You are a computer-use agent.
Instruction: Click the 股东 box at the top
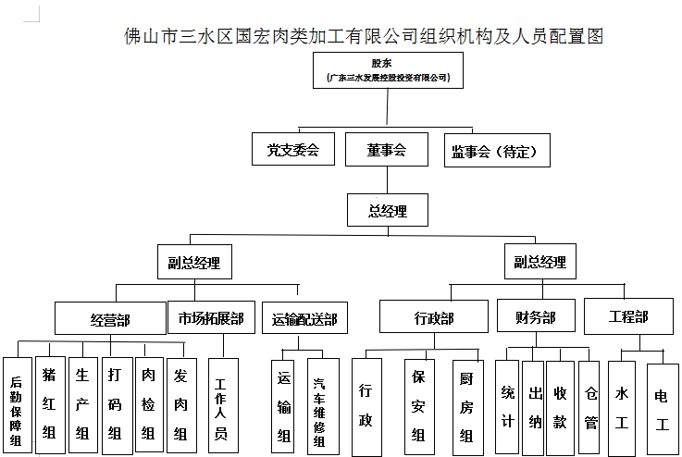(x=387, y=70)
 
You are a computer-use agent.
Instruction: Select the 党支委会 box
(x=293, y=150)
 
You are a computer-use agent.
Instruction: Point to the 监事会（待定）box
(x=496, y=151)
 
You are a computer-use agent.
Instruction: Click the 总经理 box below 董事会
(x=388, y=210)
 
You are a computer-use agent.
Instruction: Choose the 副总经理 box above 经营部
(x=194, y=262)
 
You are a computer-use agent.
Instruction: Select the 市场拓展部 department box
(x=211, y=318)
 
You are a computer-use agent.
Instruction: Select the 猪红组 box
(x=50, y=404)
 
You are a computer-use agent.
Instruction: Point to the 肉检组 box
(x=149, y=404)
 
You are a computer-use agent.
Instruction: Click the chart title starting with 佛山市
(x=364, y=37)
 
